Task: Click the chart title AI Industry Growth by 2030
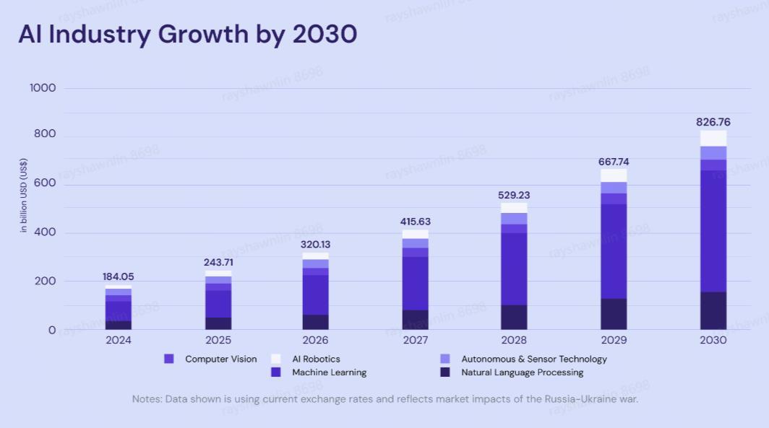(x=188, y=34)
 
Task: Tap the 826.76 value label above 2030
(x=713, y=122)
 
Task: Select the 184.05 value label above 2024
(x=119, y=276)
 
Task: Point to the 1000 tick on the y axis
(x=43, y=88)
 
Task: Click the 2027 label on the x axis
(x=415, y=340)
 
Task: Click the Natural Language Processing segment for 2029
(x=614, y=314)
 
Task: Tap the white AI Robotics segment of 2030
(x=713, y=138)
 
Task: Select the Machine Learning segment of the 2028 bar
(x=514, y=268)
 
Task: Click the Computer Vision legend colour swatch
(x=169, y=359)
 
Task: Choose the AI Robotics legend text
(x=316, y=359)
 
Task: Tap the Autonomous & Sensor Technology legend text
(x=534, y=359)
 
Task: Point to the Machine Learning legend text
(x=329, y=372)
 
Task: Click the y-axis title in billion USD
(x=24, y=196)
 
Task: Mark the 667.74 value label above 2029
(x=614, y=162)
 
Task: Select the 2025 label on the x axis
(x=218, y=340)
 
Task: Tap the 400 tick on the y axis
(x=47, y=233)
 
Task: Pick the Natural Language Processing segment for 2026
(x=315, y=322)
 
